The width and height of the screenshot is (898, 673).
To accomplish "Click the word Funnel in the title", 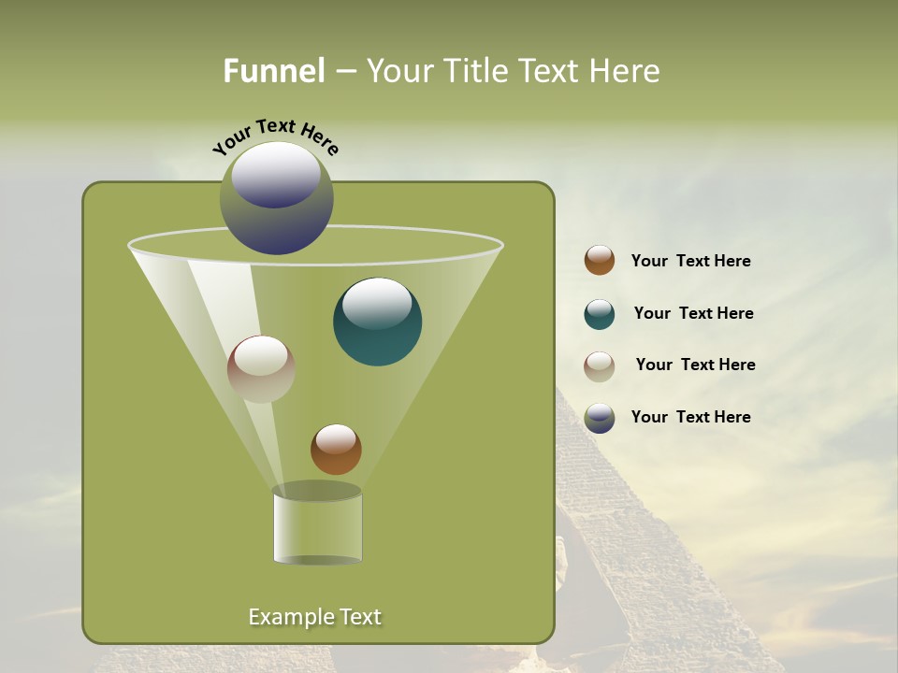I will [274, 71].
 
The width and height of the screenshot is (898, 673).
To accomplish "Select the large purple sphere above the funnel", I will [277, 197].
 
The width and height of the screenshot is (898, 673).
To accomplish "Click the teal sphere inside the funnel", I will [377, 322].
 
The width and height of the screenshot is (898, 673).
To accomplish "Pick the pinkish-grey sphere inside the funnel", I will [261, 369].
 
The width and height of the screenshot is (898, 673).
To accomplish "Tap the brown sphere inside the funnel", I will [336, 450].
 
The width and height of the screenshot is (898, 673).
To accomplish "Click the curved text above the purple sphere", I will [276, 136].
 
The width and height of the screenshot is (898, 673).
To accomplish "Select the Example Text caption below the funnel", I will [314, 617].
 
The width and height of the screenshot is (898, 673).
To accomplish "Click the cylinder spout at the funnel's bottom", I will [317, 525].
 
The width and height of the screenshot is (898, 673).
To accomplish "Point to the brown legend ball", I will [600, 261].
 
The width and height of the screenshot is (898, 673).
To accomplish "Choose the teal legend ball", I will [600, 314].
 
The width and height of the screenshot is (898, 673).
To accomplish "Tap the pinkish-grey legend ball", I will [600, 366].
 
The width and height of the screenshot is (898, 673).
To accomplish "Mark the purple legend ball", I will [600, 418].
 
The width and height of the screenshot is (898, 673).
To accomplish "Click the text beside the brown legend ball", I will [690, 262].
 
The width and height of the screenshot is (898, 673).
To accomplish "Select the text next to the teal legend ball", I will [693, 314].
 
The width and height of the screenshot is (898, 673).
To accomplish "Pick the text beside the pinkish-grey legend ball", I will [695, 365].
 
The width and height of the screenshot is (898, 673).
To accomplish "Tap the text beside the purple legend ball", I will [690, 418].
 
